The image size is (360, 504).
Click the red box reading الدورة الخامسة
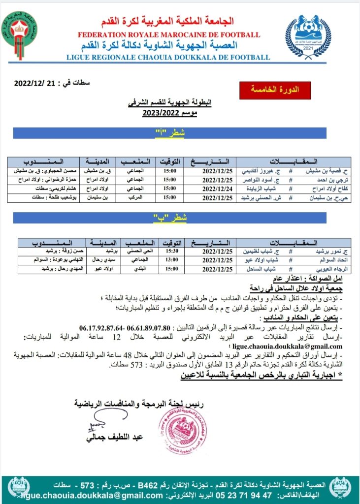click(x=275, y=90)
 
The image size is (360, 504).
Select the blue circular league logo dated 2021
click(x=308, y=35)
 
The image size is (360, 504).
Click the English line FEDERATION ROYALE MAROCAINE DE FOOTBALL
click(x=169, y=34)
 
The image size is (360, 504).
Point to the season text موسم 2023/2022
click(x=162, y=112)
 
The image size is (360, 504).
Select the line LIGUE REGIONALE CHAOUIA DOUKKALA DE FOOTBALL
click(x=168, y=57)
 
